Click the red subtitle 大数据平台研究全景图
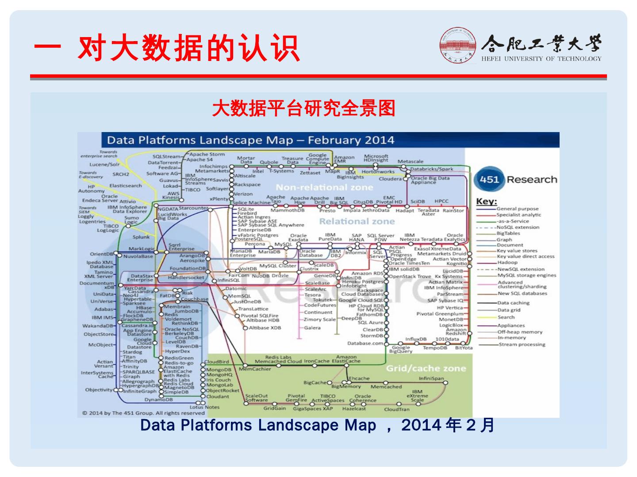303,109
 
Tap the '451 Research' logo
515,180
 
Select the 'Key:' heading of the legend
486,201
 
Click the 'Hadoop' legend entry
507,262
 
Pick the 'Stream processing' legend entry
522,344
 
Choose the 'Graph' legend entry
504,239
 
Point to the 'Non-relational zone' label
324,187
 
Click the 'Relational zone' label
357,221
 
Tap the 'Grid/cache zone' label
426,368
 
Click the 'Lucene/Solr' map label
104,164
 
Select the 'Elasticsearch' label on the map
126,186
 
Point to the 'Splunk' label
141,237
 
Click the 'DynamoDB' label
158,400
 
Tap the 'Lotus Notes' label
204,407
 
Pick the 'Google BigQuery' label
402,349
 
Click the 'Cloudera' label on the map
390,179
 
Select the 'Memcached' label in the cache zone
386,387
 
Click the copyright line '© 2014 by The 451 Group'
143,413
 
